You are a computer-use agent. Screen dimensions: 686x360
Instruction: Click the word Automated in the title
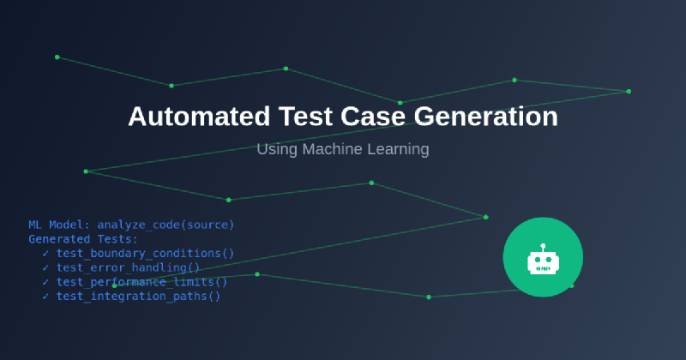(199, 117)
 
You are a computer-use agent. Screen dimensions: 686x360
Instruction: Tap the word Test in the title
(305, 117)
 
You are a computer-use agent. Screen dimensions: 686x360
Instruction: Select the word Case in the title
(373, 117)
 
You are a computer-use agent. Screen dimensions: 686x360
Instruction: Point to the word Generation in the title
(486, 117)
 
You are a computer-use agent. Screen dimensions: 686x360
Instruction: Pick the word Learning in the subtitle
(398, 150)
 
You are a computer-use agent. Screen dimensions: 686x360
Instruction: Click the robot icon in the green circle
(543, 260)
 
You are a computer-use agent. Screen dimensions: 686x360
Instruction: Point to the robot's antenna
(543, 248)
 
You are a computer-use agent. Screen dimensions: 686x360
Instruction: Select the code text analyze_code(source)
(165, 225)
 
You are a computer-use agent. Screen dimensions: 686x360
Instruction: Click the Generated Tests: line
(83, 239)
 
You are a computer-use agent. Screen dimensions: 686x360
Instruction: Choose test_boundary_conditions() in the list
(145, 253)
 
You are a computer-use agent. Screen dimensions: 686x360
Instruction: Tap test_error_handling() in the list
(128, 267)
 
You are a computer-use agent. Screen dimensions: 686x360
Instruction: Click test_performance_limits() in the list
(141, 282)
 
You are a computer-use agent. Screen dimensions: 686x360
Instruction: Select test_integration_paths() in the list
(138, 296)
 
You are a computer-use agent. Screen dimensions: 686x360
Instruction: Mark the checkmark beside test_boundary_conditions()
(45, 253)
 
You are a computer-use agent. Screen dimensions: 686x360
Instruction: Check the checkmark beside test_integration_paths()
(45, 296)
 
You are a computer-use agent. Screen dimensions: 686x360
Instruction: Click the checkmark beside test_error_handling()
(45, 267)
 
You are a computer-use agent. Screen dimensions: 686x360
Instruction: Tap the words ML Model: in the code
(59, 225)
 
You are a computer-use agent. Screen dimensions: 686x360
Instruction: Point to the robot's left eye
(538, 260)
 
